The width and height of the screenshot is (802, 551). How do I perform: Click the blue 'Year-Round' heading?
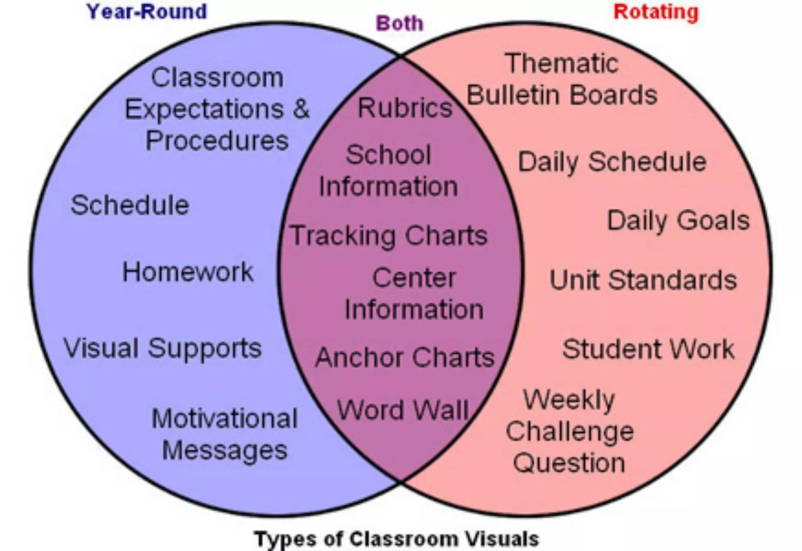[146, 12]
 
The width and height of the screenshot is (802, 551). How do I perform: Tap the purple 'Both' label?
[399, 24]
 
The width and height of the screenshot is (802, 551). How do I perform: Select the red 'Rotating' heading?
[656, 12]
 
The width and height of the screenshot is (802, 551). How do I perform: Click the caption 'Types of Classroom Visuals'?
[397, 538]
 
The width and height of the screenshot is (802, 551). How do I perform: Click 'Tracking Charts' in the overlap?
[389, 236]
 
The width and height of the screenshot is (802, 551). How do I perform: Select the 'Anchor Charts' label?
[405, 357]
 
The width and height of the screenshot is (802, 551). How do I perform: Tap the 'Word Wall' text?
[403, 410]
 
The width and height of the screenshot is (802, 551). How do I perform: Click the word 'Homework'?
[188, 272]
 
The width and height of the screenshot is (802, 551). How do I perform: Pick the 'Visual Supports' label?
[163, 348]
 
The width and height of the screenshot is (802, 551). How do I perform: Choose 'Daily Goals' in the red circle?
[678, 221]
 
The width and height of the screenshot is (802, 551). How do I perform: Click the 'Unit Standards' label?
[643, 280]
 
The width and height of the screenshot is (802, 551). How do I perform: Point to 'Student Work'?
[648, 349]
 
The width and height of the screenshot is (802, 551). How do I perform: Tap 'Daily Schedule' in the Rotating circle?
[612, 162]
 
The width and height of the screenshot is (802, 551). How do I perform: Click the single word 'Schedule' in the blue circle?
[130, 205]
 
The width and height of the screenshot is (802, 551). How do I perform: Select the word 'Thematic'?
[562, 63]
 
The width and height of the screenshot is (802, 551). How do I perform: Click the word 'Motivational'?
[224, 419]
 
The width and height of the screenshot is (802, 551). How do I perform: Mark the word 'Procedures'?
[217, 140]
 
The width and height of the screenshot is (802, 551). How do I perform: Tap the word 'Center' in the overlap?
[414, 278]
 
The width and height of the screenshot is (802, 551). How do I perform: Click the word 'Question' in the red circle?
[569, 463]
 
